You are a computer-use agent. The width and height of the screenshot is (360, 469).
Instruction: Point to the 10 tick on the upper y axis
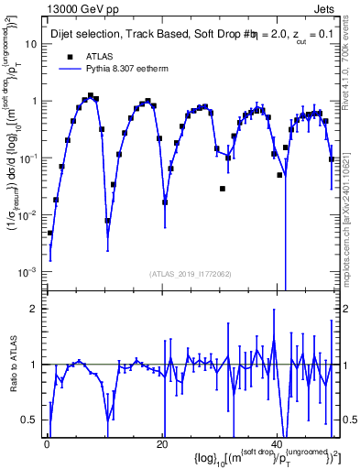coord(32,44)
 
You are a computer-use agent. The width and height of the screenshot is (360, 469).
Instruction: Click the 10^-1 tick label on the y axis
coord(29,158)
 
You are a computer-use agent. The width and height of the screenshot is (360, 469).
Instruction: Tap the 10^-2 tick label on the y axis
coord(29,215)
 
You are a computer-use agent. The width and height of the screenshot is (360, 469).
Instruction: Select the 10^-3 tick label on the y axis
coord(29,272)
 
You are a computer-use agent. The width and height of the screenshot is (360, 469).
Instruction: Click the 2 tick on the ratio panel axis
coord(35,309)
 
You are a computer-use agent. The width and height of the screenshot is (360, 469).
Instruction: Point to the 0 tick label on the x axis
coord(47,443)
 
